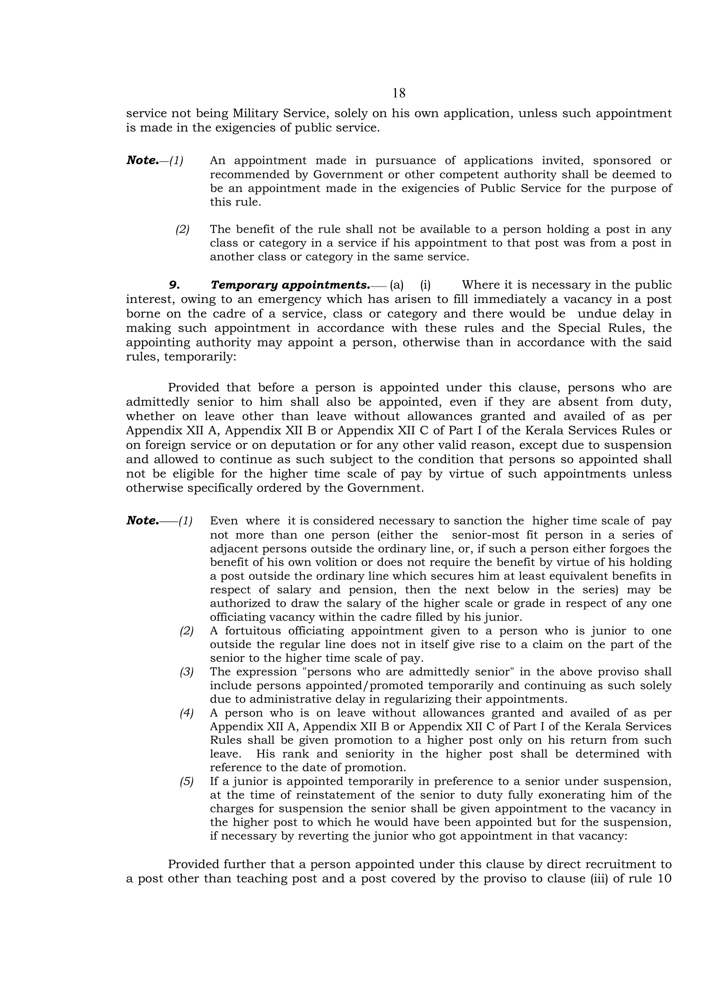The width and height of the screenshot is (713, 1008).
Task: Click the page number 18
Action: [x=399, y=93]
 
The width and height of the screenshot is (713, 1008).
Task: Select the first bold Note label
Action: [x=142, y=160]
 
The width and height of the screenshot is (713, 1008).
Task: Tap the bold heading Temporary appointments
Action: [x=290, y=285]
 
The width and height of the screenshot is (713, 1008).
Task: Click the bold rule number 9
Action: [x=174, y=285]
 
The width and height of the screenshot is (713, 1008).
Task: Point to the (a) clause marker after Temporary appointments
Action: [x=396, y=285]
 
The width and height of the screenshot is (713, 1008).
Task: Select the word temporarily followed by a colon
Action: [x=200, y=357]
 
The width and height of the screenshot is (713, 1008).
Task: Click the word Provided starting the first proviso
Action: [x=193, y=388]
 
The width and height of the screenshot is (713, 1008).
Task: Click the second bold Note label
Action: [x=142, y=521]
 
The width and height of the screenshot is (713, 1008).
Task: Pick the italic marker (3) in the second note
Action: [x=186, y=672]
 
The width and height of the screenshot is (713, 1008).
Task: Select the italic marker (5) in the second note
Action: [x=186, y=782]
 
